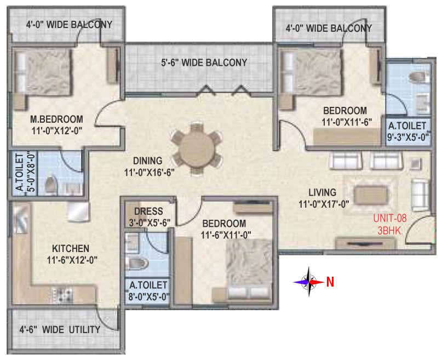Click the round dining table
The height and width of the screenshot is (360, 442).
(x=196, y=150)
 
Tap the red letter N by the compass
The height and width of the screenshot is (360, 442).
(x=330, y=282)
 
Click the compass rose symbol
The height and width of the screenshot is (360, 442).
(x=309, y=282)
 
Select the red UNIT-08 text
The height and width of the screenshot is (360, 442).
(x=390, y=218)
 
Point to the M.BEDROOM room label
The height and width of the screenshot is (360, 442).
(x=56, y=119)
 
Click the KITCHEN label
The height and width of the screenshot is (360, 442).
(x=71, y=248)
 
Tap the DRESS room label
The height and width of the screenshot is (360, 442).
(x=148, y=211)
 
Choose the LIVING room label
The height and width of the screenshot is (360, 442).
(x=322, y=192)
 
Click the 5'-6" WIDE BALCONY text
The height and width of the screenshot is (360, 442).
(x=204, y=62)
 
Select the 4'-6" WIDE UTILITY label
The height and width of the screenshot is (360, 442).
(x=60, y=329)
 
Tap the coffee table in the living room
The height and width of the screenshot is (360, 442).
(x=371, y=195)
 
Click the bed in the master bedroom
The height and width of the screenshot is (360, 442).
(x=42, y=72)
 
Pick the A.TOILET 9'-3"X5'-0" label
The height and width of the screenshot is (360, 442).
(x=408, y=131)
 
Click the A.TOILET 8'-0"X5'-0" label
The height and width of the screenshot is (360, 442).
(x=148, y=290)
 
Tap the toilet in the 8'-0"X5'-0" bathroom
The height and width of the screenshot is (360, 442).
(x=137, y=264)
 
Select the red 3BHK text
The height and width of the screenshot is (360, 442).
(x=389, y=231)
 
